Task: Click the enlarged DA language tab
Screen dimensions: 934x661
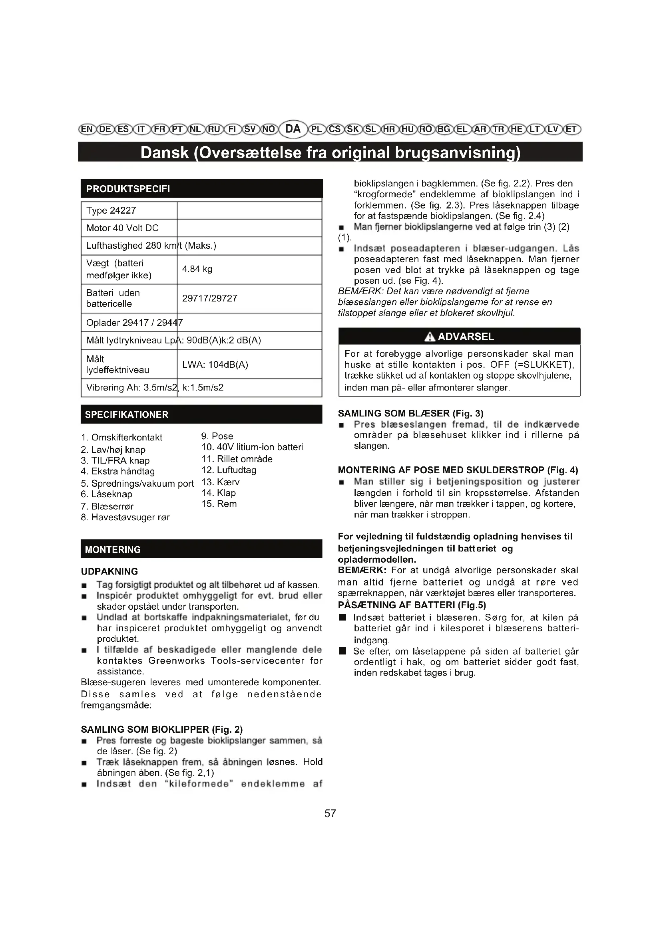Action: tap(293, 129)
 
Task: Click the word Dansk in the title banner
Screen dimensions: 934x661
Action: tap(164, 153)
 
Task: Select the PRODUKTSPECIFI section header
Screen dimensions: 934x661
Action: tap(128, 189)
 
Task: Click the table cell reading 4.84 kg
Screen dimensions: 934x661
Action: tap(197, 269)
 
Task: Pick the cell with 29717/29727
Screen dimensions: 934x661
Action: tap(210, 298)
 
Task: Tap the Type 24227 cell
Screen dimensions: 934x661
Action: tap(111, 210)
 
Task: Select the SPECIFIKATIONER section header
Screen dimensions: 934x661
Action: tap(127, 415)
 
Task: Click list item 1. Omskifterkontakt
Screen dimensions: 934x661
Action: tap(122, 437)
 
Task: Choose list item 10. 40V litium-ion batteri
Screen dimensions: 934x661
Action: tap(252, 447)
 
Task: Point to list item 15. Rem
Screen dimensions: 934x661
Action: tap(219, 504)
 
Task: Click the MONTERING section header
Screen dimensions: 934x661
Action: tap(113, 549)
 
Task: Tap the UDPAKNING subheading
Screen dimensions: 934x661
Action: tap(109, 571)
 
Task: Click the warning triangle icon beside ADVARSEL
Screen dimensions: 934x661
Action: tap(429, 337)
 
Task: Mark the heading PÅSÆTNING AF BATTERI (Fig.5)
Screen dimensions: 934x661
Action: tap(412, 605)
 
